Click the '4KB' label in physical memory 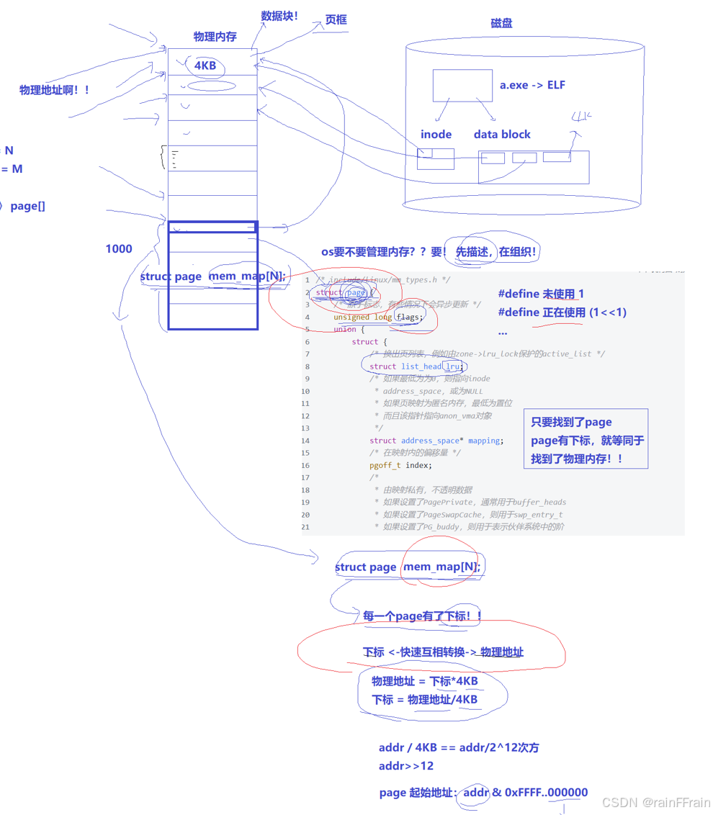(205, 66)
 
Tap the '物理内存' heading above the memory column (215, 37)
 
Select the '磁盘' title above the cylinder (501, 23)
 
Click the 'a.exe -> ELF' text (532, 85)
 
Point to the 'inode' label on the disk (436, 135)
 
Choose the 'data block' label (502, 135)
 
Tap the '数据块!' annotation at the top (279, 16)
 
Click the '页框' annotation (336, 20)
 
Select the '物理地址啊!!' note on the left (55, 90)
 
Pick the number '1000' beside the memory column (119, 249)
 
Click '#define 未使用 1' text (541, 294)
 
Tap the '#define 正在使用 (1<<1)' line (562, 312)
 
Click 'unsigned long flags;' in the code (378, 317)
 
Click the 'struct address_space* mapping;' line (436, 441)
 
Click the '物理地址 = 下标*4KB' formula (425, 681)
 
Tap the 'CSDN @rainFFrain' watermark (655, 803)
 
